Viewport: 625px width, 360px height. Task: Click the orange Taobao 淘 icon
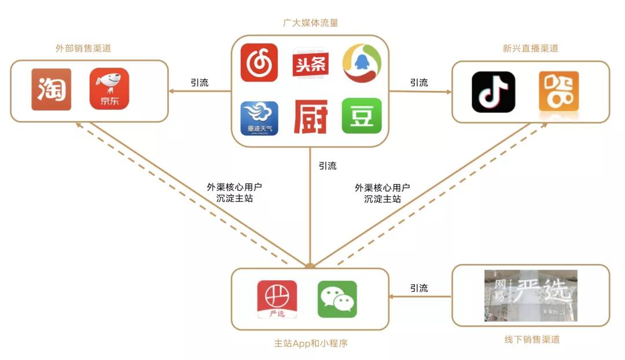coord(51,89)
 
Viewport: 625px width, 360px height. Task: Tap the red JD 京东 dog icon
coord(109,89)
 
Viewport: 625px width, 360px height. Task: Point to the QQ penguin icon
coord(362,63)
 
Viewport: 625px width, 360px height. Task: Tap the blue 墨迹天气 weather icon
coord(259,118)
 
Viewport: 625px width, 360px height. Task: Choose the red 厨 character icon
coord(311,117)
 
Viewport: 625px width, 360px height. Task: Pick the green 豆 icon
coord(362,116)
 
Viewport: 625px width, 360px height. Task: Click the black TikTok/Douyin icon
coord(493,91)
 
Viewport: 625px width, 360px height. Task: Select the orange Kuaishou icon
coord(558,91)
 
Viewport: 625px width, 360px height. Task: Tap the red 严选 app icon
coord(277,299)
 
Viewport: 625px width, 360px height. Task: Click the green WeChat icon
coord(337,299)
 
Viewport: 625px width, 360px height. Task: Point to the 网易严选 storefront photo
coord(531,295)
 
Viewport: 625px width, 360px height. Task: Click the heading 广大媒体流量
coord(311,23)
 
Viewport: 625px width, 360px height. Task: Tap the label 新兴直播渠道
coord(531,49)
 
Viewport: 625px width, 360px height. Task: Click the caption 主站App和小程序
coord(311,343)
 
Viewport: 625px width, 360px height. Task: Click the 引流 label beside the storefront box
coord(419,288)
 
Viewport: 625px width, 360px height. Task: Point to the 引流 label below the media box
coord(328,166)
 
